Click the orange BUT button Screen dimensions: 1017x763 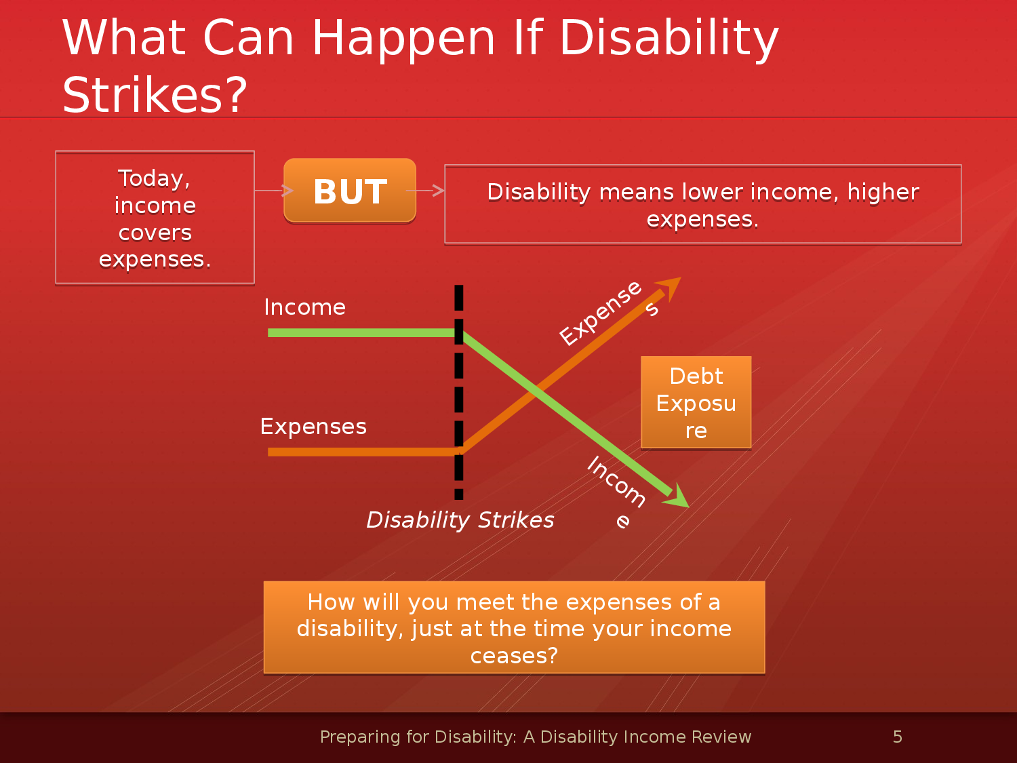(x=350, y=191)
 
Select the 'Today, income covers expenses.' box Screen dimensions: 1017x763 (x=155, y=217)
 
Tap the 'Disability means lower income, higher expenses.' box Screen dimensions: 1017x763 (x=703, y=204)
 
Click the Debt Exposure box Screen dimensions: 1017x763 (x=696, y=402)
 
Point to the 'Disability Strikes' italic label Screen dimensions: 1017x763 (x=460, y=520)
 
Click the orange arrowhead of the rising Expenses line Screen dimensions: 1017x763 (x=669, y=289)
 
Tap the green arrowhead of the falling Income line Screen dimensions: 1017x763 (x=677, y=496)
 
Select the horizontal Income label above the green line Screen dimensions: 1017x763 (x=304, y=307)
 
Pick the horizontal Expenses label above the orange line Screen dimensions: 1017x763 (x=313, y=427)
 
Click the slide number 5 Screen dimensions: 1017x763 (x=898, y=737)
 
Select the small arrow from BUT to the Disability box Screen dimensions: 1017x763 (x=425, y=191)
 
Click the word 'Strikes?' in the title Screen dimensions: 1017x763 (x=155, y=95)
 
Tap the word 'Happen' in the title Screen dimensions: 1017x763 (x=403, y=39)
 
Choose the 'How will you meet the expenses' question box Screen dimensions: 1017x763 (x=515, y=628)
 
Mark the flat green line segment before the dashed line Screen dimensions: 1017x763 (x=363, y=332)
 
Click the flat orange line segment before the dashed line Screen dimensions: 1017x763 (x=363, y=452)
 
